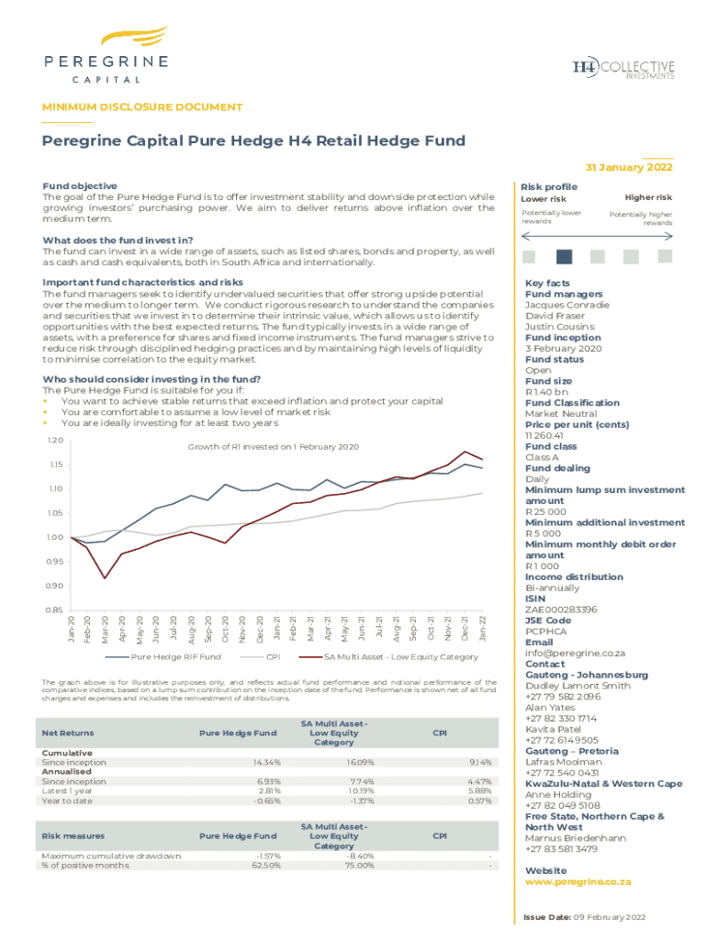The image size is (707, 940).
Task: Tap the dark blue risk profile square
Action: (x=565, y=257)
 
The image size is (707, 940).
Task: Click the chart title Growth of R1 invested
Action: (x=273, y=447)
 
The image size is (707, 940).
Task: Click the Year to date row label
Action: (x=67, y=800)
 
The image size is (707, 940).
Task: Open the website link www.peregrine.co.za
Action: (x=578, y=881)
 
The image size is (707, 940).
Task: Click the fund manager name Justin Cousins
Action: (x=559, y=327)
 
